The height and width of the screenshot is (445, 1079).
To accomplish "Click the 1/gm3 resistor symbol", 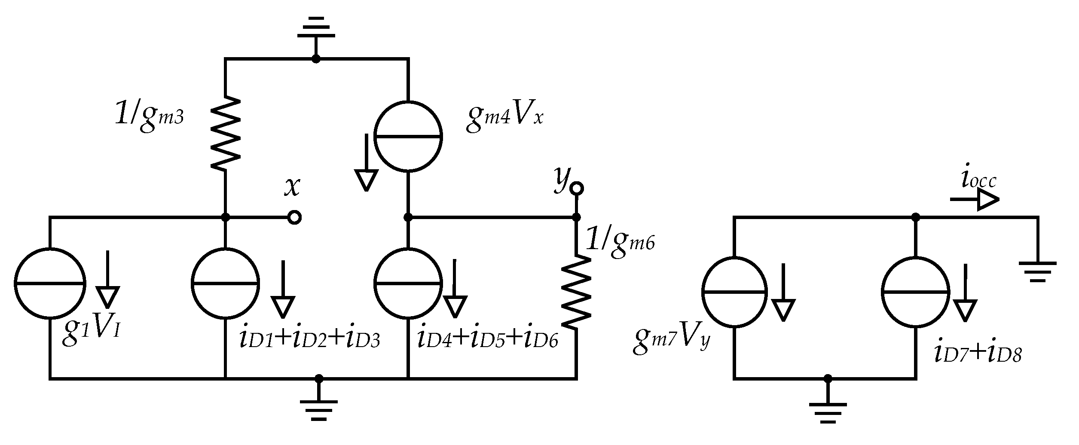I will click(x=225, y=132).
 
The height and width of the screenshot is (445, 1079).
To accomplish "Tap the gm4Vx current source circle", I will click(x=408, y=137).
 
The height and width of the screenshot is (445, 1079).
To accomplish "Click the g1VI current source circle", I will click(x=50, y=283).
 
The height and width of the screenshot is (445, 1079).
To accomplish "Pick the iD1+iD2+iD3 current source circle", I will click(x=225, y=283).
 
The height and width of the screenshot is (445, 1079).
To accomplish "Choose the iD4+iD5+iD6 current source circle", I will click(x=408, y=283).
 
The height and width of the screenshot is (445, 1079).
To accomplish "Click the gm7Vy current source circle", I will click(x=734, y=292).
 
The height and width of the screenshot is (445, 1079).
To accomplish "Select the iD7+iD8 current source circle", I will click(x=915, y=292).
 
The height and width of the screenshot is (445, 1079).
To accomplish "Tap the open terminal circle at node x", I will click(x=294, y=218).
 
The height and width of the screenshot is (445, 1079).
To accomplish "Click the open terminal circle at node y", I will click(x=577, y=188).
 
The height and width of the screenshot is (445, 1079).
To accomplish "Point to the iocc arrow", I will click(x=975, y=200).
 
